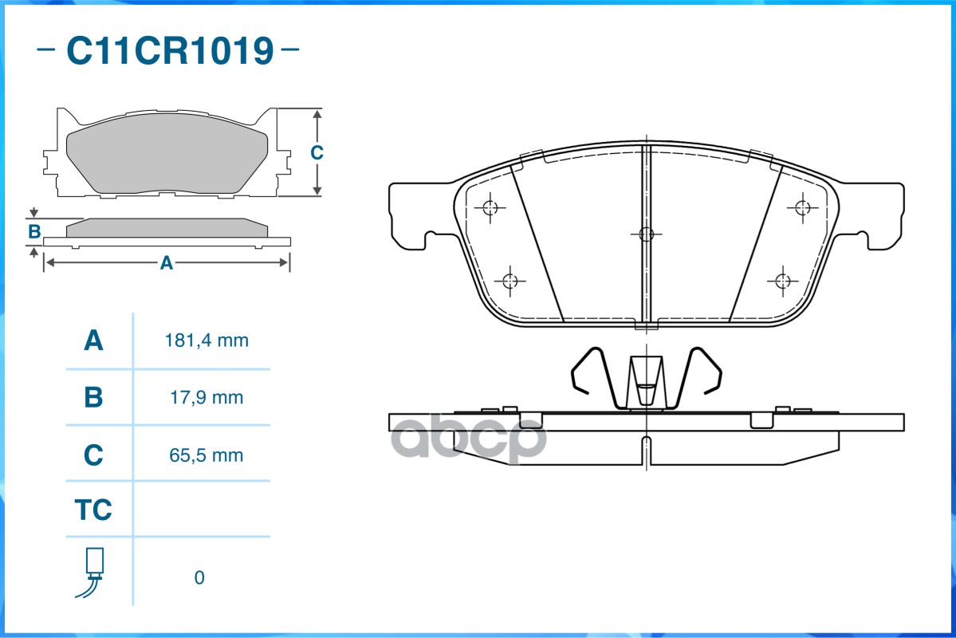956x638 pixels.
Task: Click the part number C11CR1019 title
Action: tap(169, 52)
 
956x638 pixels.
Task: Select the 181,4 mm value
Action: tap(207, 341)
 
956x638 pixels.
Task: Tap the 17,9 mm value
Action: tap(207, 397)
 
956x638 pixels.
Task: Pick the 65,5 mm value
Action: tap(207, 455)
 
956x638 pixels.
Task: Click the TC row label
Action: tap(93, 510)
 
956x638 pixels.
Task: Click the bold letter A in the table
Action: tap(93, 341)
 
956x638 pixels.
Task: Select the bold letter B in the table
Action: tap(93, 397)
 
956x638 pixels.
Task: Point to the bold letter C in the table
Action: tap(93, 455)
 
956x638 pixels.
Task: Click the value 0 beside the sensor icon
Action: tap(199, 577)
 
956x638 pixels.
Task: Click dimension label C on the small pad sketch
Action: tap(317, 152)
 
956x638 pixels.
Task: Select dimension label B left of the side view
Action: tap(33, 232)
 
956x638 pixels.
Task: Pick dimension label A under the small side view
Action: tap(166, 262)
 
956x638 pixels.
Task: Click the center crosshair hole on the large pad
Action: tap(646, 234)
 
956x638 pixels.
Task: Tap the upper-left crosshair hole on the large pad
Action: tap(490, 208)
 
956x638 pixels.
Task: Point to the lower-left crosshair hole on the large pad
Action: tap(511, 281)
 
